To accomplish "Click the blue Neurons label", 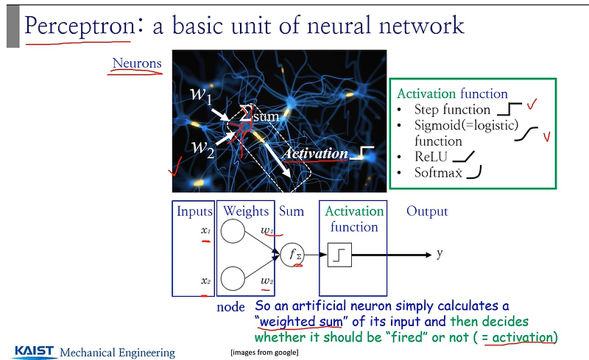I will click(x=137, y=63).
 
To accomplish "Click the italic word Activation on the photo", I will click(x=314, y=154).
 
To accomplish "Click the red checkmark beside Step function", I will click(x=532, y=108).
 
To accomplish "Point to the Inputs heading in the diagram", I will click(x=194, y=211).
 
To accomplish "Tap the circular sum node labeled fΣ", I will click(x=292, y=255).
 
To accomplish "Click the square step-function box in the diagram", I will click(x=339, y=255).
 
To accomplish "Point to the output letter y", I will click(x=440, y=254).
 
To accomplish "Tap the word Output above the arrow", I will click(x=427, y=211).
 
